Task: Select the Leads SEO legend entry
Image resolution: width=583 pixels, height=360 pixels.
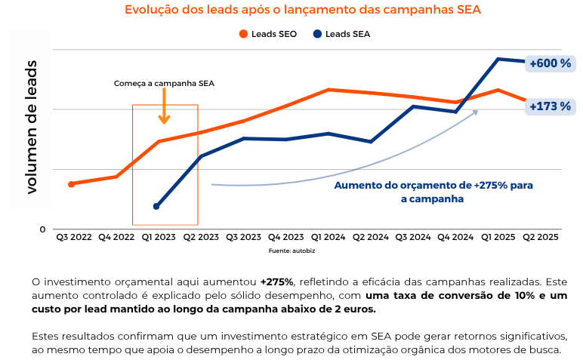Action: pyautogui.click(x=269, y=34)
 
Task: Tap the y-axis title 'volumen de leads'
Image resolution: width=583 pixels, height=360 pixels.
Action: pyautogui.click(x=31, y=126)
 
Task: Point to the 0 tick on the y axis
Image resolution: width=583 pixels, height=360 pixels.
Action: pyautogui.click(x=43, y=229)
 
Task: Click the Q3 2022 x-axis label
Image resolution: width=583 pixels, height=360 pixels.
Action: pyautogui.click(x=73, y=237)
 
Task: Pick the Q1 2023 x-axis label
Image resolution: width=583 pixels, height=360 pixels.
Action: pyautogui.click(x=159, y=237)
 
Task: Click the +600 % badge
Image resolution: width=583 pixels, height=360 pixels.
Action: pyautogui.click(x=550, y=63)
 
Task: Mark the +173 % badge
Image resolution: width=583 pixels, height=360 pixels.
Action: pyautogui.click(x=550, y=106)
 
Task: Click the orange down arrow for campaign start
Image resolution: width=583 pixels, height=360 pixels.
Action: pyautogui.click(x=164, y=111)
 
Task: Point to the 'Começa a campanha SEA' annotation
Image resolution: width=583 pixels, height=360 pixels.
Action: pyautogui.click(x=164, y=84)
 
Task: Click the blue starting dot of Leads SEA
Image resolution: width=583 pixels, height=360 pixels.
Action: pyautogui.click(x=156, y=206)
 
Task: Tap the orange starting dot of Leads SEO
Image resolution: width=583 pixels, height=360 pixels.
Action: pyautogui.click(x=71, y=184)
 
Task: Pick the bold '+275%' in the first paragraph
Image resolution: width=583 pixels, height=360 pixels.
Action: pyautogui.click(x=276, y=282)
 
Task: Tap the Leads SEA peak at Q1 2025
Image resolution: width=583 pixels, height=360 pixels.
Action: pyautogui.click(x=498, y=59)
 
